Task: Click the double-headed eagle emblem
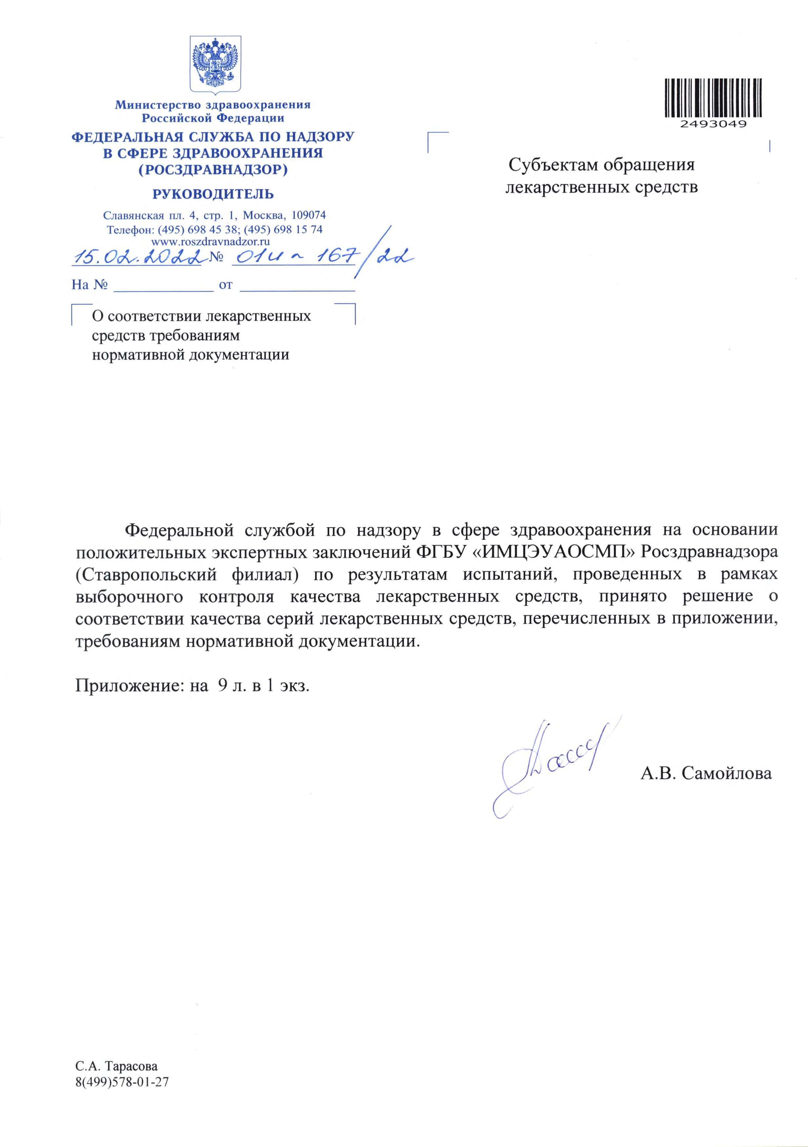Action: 215,64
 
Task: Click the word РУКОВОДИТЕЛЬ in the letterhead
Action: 213,194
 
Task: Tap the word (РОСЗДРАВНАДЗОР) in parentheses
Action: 213,170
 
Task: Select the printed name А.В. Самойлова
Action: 706,773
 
